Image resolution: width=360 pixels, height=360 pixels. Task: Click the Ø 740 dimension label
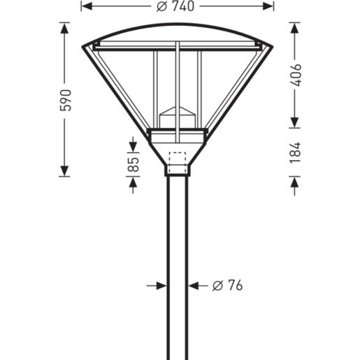pos(175,6)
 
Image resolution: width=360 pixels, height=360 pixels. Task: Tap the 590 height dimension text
pos(66,100)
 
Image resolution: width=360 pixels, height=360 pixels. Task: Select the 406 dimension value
pos(296,75)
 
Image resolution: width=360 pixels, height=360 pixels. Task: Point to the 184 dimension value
pos(296,152)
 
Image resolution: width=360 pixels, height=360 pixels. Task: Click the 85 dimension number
pos(134,164)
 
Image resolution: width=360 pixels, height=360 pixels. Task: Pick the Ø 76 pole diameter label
pos(227,285)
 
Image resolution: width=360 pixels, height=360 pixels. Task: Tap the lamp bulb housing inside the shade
pos(177,117)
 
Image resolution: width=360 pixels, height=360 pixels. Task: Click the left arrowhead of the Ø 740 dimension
pos(87,6)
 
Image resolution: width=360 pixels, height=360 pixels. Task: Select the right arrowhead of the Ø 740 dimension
pos(268,6)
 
